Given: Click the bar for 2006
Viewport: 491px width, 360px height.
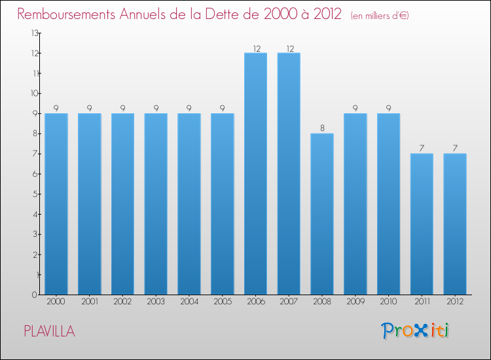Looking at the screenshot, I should click(255, 173).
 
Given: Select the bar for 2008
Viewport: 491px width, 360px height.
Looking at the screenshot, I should click(322, 214).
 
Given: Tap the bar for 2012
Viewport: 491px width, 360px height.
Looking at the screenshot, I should click(455, 224).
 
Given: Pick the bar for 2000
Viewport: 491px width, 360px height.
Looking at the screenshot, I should click(56, 204).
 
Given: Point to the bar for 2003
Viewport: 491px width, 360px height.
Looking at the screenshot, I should click(156, 204).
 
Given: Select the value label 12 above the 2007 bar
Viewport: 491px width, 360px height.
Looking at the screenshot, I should click(289, 48).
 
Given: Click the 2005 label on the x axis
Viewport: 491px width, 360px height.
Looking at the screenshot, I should click(222, 301).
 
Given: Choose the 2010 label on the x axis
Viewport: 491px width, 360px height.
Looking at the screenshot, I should click(388, 301).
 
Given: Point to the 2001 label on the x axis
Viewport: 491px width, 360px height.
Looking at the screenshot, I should click(89, 301).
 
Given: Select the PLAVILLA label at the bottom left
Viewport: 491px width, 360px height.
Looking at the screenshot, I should click(49, 332).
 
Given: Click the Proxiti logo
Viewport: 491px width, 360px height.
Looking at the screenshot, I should click(415, 331).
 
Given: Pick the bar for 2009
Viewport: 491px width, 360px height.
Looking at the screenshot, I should click(355, 204).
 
